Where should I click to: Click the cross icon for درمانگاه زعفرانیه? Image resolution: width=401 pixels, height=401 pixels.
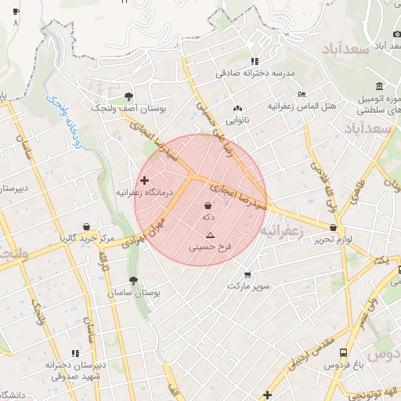point(144,180)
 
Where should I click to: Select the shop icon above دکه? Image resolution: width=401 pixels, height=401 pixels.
point(208,204)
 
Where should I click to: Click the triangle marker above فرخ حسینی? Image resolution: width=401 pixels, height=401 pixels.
point(209,236)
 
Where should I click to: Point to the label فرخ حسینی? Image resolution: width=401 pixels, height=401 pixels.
point(211,247)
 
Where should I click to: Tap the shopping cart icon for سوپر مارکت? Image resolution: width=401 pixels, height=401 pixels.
point(247,275)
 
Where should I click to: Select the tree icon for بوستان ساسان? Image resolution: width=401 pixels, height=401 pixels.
point(134,280)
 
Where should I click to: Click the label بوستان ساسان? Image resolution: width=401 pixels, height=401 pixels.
point(141,292)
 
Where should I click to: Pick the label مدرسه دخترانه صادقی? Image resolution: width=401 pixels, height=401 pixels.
point(256,74)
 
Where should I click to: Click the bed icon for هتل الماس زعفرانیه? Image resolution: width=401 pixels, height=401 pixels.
point(302,94)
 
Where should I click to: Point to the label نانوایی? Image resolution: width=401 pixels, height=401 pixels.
point(238,121)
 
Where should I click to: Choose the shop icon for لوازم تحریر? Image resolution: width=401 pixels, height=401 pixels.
point(334,228)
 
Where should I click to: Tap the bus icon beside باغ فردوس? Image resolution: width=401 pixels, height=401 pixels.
point(343,352)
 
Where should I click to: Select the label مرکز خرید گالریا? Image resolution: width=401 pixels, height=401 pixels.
point(87,237)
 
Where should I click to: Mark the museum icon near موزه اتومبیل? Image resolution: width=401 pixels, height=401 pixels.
point(379,85)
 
